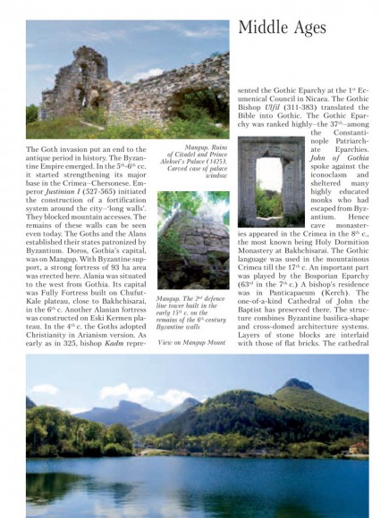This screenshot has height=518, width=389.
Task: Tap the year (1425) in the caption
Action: tap(212, 166)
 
